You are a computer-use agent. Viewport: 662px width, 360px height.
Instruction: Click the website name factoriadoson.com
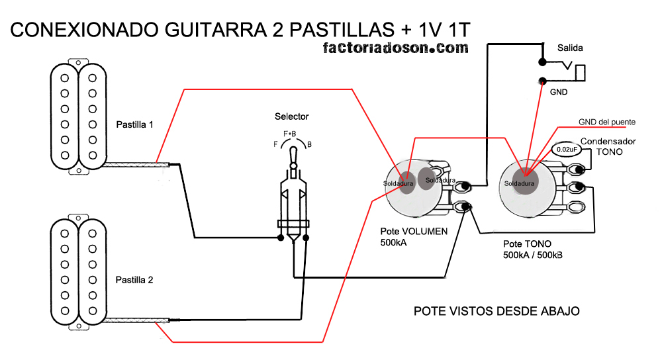[x=395, y=48]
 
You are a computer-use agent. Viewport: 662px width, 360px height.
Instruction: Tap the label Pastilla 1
[x=135, y=124]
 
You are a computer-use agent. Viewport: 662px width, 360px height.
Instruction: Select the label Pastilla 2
[x=135, y=280]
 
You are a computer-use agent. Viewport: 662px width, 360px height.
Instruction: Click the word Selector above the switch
[x=291, y=116]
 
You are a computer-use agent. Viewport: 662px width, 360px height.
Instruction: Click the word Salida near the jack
[x=570, y=48]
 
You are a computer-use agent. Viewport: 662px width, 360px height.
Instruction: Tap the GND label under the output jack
[x=559, y=92]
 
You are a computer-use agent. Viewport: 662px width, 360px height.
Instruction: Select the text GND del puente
[x=606, y=122]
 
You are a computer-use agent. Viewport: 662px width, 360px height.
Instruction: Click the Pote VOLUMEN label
[x=414, y=232]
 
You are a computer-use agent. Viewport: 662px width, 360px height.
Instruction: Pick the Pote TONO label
[x=527, y=244]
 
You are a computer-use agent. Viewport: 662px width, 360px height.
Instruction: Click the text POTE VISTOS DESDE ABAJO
[x=496, y=311]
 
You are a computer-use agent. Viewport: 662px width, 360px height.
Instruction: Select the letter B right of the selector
[x=309, y=144]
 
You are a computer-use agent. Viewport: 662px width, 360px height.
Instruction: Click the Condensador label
[x=608, y=141]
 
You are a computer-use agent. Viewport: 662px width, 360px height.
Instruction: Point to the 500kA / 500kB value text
[x=533, y=255]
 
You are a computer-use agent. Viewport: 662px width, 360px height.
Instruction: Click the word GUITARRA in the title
[x=217, y=30]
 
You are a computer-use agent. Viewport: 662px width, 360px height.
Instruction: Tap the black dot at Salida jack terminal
[x=542, y=63]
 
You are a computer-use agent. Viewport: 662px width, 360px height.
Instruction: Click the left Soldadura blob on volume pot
[x=401, y=180]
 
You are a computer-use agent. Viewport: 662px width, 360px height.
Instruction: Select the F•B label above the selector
[x=289, y=134]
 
